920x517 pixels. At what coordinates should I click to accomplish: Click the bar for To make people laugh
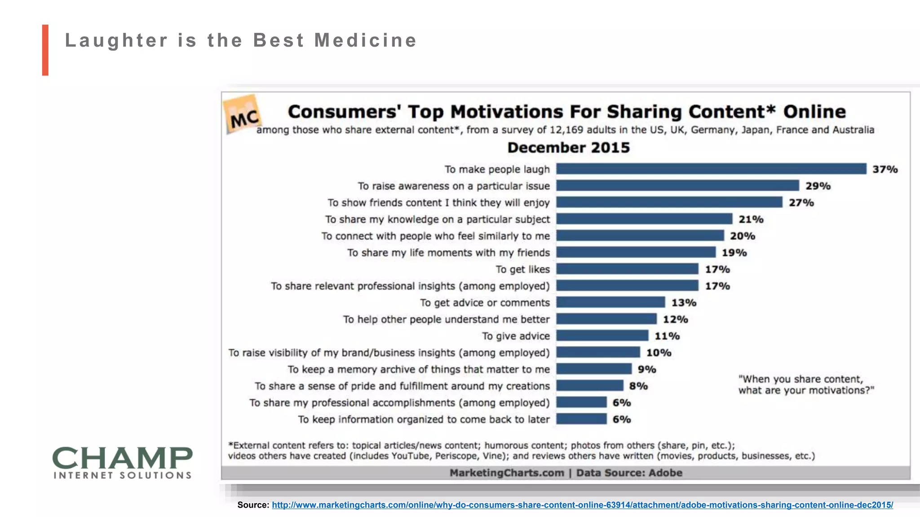711,169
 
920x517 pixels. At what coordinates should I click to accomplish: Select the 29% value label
818,186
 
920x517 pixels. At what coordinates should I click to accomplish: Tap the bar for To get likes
627,269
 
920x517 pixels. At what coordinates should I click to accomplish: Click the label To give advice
516,336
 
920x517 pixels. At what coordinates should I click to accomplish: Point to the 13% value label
684,302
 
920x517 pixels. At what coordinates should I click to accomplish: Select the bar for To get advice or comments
610,302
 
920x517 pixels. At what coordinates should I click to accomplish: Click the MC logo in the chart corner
243,115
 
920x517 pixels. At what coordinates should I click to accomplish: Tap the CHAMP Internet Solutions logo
122,462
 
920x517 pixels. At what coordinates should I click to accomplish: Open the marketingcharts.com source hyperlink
582,505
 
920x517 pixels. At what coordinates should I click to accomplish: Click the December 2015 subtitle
568,148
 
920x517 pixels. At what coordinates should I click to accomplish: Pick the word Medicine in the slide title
366,40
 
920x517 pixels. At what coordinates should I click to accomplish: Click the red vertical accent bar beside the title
45,50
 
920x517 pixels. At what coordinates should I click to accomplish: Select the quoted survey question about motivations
806,385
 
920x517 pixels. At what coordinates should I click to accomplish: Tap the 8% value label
638,386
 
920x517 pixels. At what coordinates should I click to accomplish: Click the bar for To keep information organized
581,419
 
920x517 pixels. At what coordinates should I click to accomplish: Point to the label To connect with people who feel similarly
435,236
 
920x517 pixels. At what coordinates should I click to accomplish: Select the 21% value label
751,219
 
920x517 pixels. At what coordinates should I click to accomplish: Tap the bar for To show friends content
669,202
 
